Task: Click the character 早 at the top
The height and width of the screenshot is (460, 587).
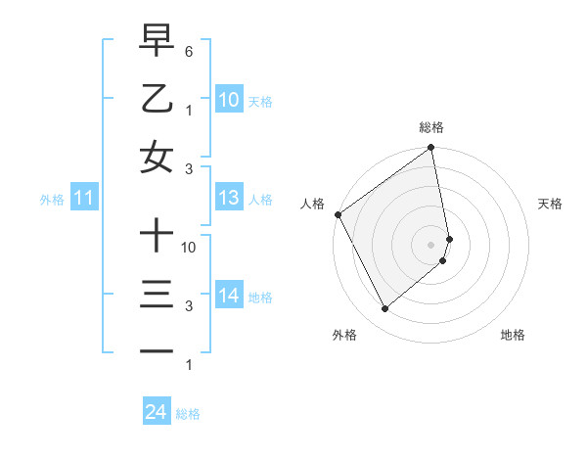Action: click(157, 40)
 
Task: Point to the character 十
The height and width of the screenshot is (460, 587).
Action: click(157, 236)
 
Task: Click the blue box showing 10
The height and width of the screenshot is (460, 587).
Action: click(228, 99)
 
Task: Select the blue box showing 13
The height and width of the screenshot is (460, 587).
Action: click(228, 198)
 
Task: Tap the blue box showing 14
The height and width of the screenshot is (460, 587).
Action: click(228, 296)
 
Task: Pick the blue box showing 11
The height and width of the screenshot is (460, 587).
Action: click(84, 199)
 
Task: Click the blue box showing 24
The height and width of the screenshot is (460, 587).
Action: click(156, 412)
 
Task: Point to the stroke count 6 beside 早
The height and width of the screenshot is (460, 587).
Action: click(189, 50)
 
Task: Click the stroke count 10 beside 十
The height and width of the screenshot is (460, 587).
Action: click(190, 247)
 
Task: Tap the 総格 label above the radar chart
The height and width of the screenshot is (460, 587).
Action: click(431, 127)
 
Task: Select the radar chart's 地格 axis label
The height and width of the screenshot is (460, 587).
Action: click(513, 335)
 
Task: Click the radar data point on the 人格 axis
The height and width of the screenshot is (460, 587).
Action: click(338, 214)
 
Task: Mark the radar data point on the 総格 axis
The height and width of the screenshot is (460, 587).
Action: click(431, 149)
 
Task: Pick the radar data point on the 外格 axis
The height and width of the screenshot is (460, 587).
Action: click(384, 308)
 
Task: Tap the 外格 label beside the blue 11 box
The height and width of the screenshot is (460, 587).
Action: click(52, 200)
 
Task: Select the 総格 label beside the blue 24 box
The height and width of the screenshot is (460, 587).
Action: click(188, 414)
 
